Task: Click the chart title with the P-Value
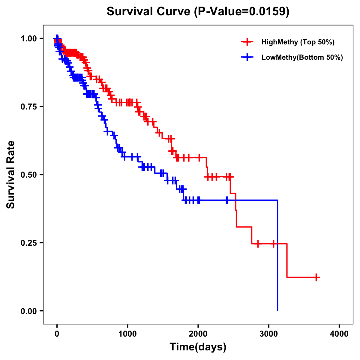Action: [x=198, y=12]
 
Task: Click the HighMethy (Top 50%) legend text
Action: [x=298, y=42]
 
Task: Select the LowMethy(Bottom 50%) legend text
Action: [x=302, y=57]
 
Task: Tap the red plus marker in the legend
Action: [x=247, y=42]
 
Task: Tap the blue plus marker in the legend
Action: [x=247, y=57]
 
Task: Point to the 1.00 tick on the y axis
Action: [x=28, y=38]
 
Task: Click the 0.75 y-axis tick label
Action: [x=28, y=106]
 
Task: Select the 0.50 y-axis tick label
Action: [x=28, y=175]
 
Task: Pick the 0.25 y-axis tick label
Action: [x=28, y=243]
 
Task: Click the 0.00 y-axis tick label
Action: [x=28, y=311]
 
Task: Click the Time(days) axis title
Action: [x=198, y=347]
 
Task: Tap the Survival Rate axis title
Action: [x=11, y=175]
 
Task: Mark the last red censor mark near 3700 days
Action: [x=316, y=277]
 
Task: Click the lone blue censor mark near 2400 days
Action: [x=227, y=200]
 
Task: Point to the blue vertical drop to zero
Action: [x=277, y=255]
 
